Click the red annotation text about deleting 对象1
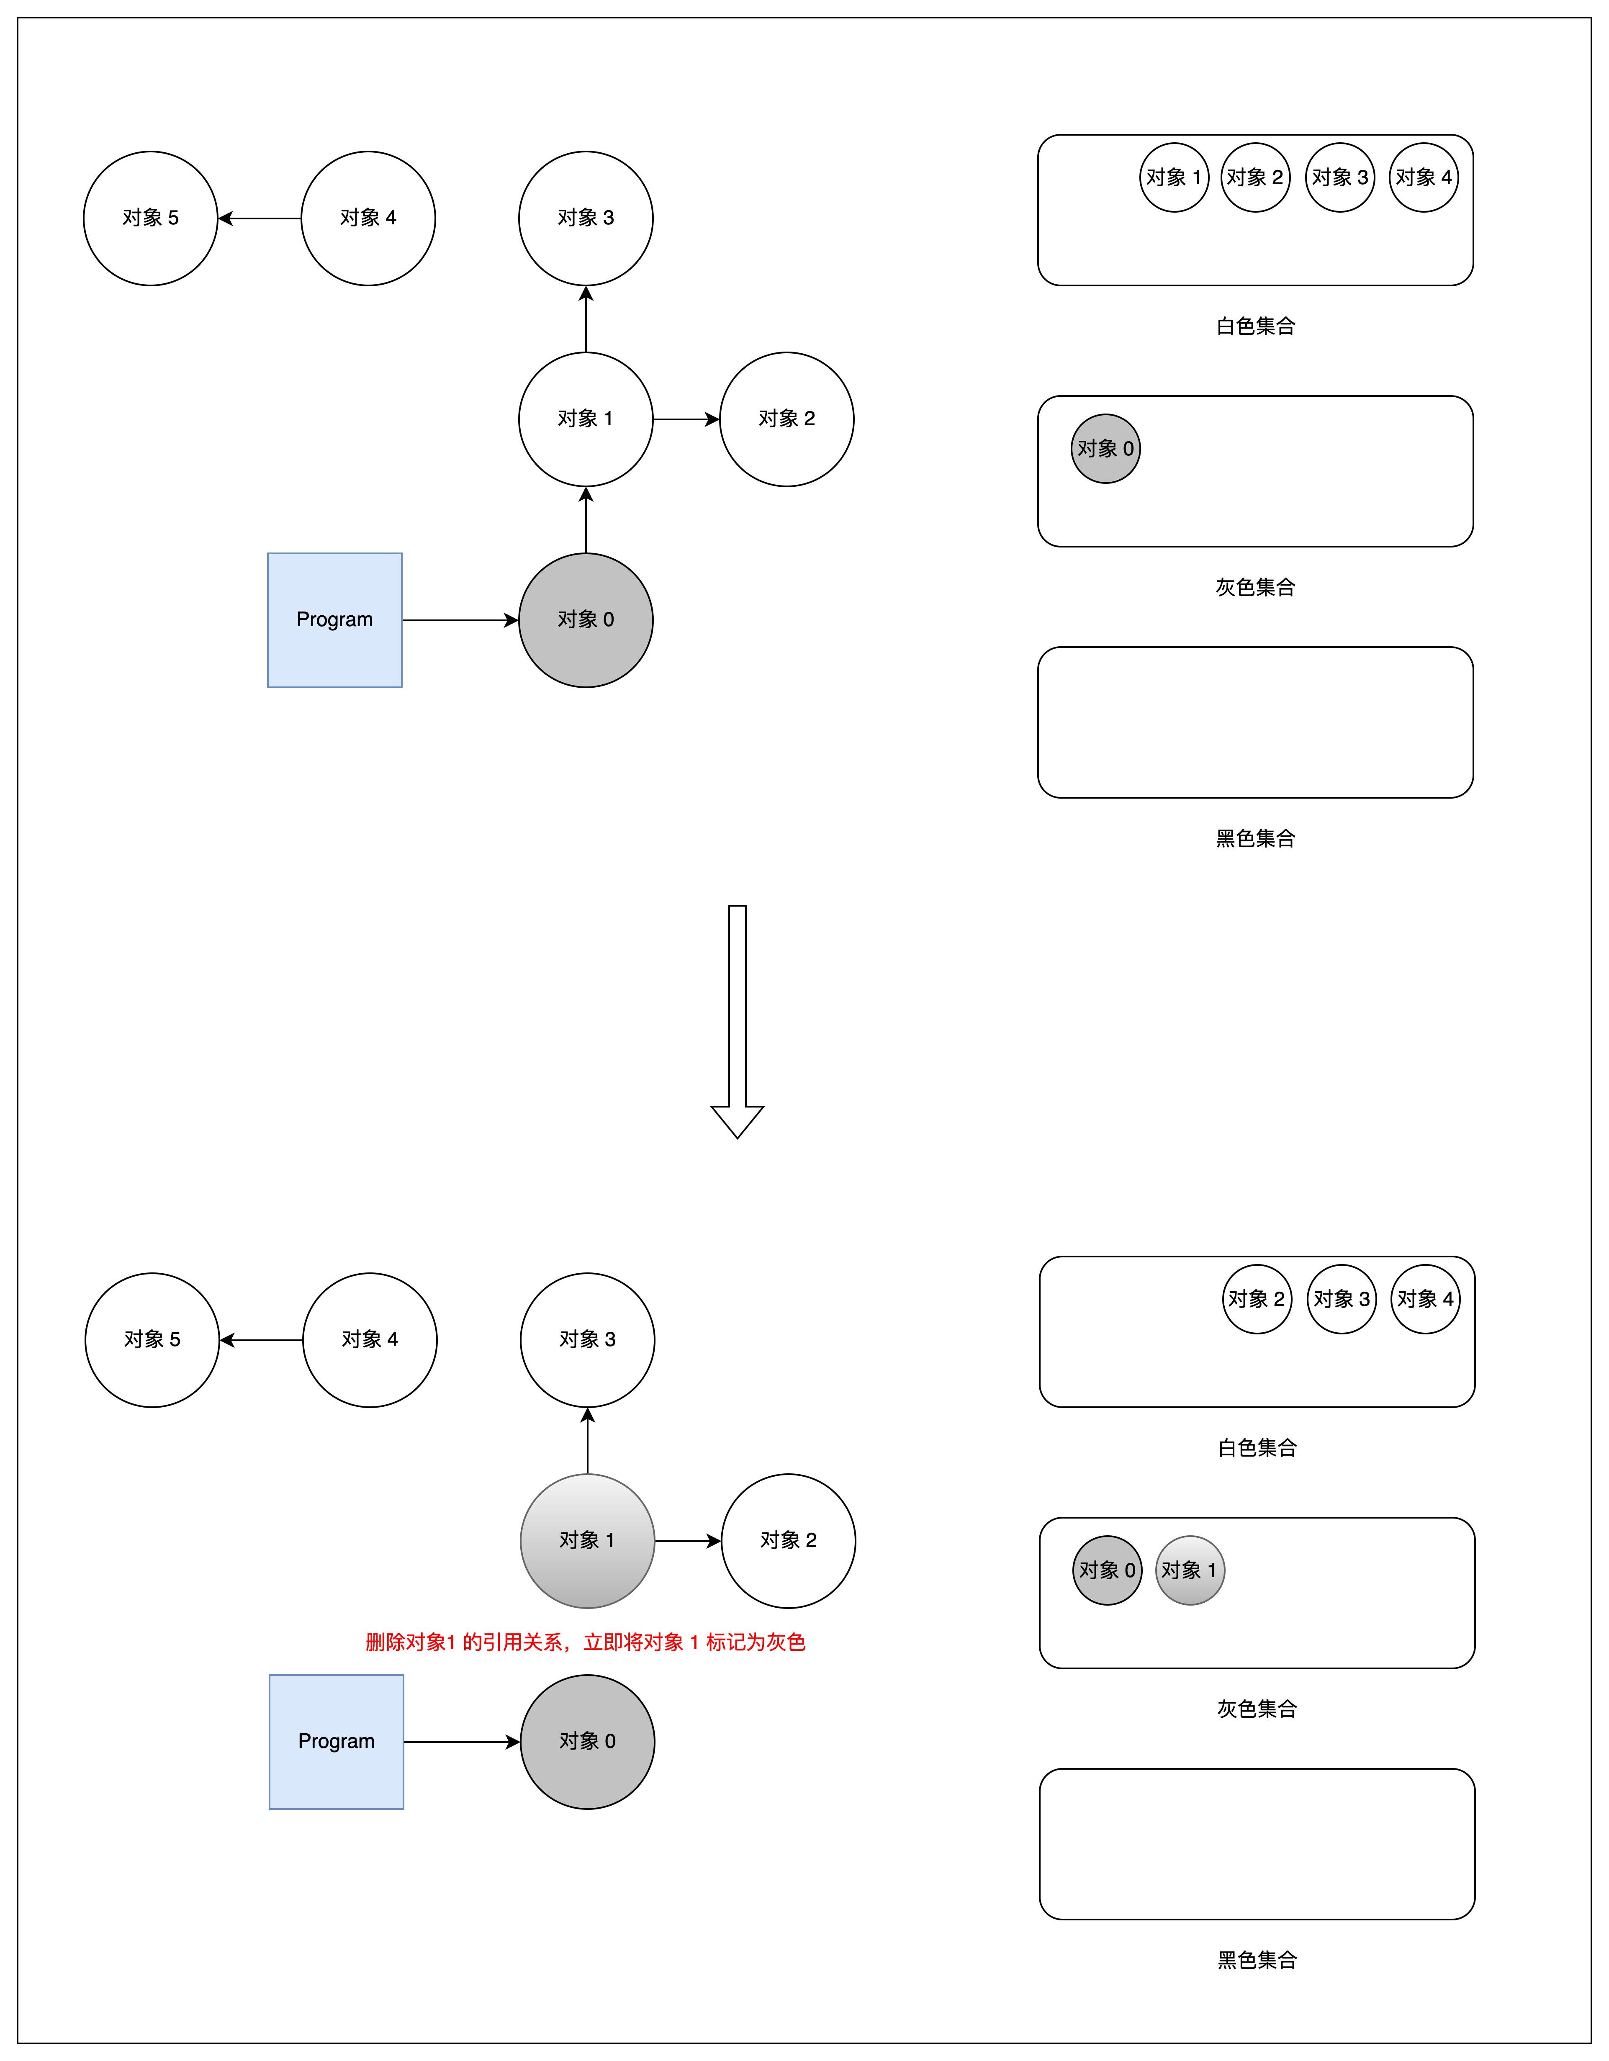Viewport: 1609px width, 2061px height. tap(585, 1642)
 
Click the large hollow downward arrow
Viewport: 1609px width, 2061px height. tap(737, 1019)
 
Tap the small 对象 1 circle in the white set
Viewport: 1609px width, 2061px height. tap(1174, 177)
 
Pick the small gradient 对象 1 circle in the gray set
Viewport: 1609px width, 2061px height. tap(1190, 1570)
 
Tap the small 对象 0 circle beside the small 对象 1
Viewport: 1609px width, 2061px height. tap(1107, 1570)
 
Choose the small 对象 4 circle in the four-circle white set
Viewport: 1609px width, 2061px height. tap(1423, 177)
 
